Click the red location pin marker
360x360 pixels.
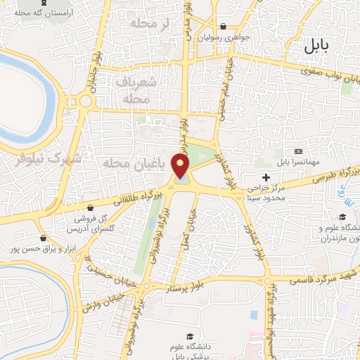(181, 165)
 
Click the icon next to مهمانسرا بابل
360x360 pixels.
(299, 152)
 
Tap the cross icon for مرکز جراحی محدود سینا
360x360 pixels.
(265, 176)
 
